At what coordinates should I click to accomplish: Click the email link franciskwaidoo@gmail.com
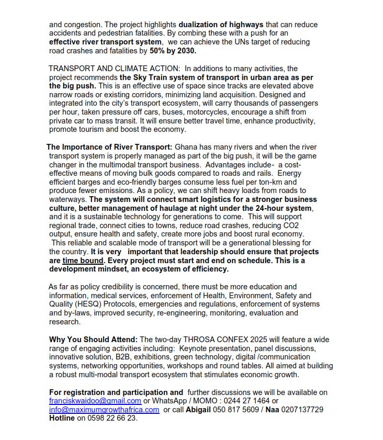coord(95,401)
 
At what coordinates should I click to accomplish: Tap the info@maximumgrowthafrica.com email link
coord(104,410)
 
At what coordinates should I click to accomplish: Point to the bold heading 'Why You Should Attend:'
coord(94,340)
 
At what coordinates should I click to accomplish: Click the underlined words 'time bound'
coord(83,260)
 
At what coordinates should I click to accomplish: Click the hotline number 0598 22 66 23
coord(108,418)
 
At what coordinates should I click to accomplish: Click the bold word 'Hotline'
coord(63,418)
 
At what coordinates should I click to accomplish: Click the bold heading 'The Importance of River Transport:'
coord(109,147)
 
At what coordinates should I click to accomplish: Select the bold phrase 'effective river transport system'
coord(105,42)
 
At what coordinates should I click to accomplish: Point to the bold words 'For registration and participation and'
coord(116,392)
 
